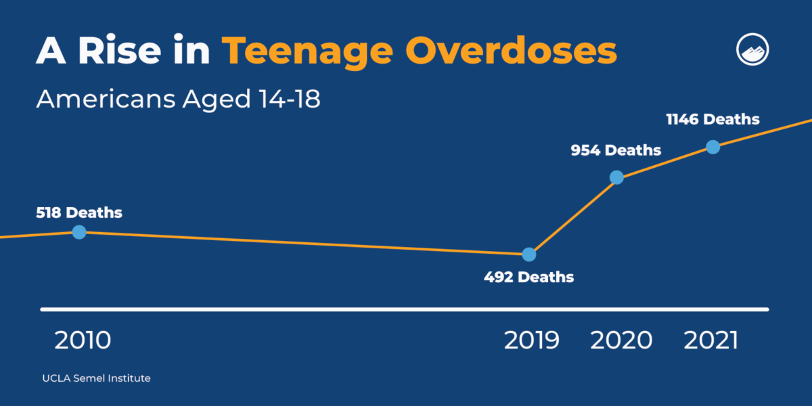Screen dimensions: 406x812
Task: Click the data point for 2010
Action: [x=79, y=232]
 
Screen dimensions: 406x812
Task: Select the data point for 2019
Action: [x=529, y=254]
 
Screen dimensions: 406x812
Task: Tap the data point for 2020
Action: [x=616, y=177]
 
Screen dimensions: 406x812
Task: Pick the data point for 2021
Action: [x=713, y=147]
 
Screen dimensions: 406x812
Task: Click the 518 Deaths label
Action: [x=79, y=212]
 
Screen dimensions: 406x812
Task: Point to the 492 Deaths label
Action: [x=528, y=277]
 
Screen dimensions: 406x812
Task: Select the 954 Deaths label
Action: [x=616, y=150]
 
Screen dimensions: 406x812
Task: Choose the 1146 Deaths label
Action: [x=713, y=120]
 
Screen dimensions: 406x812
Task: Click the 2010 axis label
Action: [x=83, y=340]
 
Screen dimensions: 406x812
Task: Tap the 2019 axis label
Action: [x=532, y=340]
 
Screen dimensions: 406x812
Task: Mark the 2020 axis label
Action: [x=621, y=340]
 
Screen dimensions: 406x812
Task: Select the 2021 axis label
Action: [x=711, y=340]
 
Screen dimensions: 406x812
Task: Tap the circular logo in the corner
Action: [x=753, y=51]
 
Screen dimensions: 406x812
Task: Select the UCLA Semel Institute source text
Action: [x=96, y=378]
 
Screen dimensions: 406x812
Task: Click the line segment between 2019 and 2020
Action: [x=572, y=216]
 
